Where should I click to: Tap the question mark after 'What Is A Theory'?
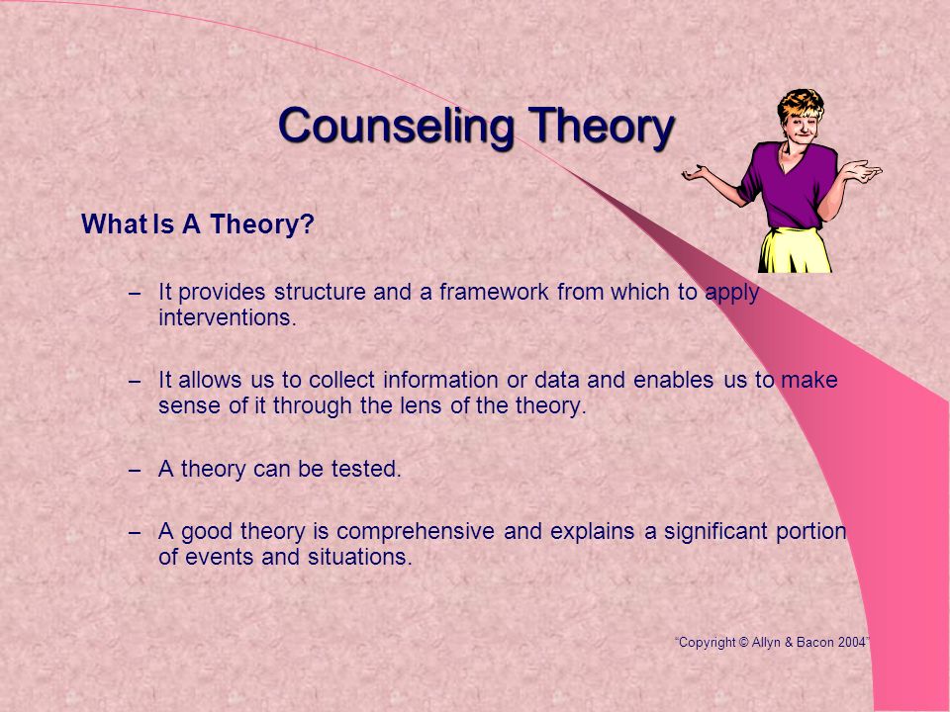(308, 224)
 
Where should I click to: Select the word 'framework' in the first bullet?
(494, 292)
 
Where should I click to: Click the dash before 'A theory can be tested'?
(136, 471)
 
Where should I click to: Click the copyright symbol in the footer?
(743, 643)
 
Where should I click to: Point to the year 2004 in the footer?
(852, 643)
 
